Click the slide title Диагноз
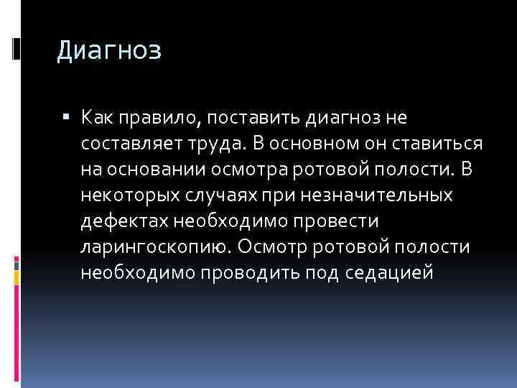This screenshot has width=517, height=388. coord(109,52)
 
